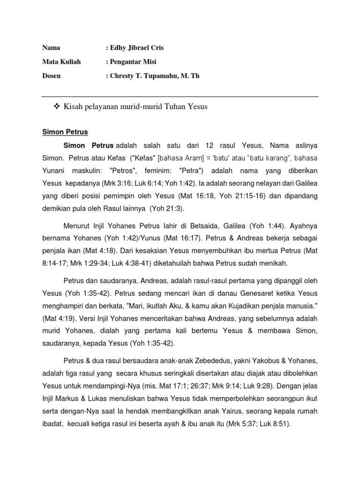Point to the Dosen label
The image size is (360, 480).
pos(52,75)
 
